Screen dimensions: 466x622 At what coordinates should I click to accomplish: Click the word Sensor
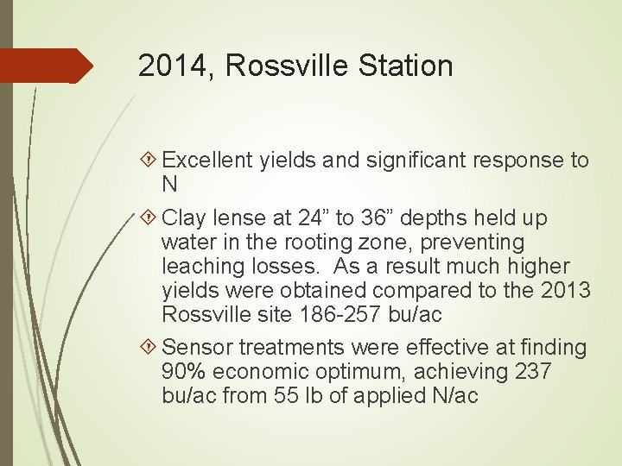point(195,347)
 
